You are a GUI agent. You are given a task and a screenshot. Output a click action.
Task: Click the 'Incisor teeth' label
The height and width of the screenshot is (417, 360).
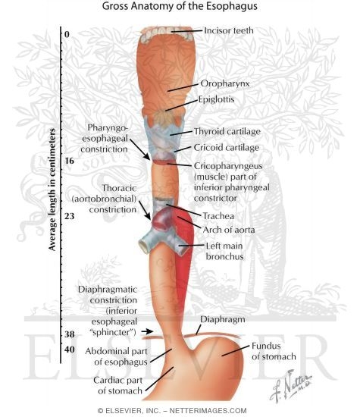tap(229, 30)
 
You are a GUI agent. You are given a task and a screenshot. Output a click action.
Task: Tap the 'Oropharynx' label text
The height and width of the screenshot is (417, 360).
tap(225, 83)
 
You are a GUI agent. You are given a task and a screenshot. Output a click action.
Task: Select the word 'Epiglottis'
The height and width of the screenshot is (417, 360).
tap(217, 99)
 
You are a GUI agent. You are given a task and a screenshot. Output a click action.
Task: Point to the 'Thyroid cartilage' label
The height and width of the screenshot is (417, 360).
tap(227, 131)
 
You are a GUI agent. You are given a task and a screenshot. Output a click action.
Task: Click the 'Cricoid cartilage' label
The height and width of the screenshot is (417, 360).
tap(227, 147)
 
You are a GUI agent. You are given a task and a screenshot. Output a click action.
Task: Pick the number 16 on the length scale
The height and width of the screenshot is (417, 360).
tap(69, 161)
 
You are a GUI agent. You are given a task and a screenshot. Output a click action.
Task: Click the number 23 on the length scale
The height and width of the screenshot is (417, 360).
tap(70, 216)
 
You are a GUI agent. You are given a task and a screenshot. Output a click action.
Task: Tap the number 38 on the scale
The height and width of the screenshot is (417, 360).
tap(70, 334)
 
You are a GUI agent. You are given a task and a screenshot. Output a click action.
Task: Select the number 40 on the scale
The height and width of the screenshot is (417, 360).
tap(70, 350)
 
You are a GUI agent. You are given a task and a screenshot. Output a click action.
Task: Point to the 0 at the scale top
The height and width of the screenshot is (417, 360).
tap(67, 34)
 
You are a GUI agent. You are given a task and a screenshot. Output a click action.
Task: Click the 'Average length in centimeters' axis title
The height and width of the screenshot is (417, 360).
tap(52, 190)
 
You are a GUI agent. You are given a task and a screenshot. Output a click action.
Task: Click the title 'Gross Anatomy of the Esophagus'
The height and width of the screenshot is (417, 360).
tap(180, 6)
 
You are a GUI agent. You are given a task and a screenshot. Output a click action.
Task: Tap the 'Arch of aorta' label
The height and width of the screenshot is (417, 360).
tap(229, 230)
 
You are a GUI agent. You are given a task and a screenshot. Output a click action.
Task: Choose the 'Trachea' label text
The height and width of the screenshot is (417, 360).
tap(218, 216)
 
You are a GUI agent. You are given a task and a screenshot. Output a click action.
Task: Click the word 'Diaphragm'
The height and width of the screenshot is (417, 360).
tap(223, 319)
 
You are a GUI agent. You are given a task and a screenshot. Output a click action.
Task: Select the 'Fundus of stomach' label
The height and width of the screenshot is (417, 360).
tap(274, 351)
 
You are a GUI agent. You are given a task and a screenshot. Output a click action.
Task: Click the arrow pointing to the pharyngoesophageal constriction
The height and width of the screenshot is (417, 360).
tap(140, 149)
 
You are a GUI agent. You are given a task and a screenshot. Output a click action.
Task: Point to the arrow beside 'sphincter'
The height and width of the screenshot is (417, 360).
tap(147, 331)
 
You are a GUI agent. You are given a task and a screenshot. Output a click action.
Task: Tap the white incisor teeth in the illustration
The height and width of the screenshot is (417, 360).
tap(167, 34)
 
